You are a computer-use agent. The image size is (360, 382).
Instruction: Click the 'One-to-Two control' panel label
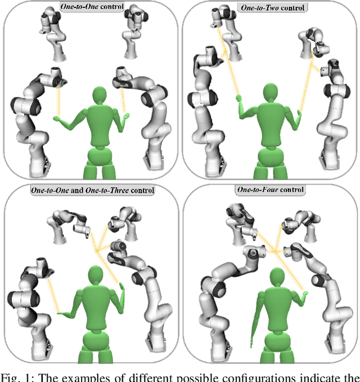coord(272,8)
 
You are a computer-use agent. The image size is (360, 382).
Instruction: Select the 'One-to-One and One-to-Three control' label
coord(92,190)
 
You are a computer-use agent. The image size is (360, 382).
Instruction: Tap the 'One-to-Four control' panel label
coord(272,190)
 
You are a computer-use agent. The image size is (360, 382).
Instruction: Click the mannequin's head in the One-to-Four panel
coord(276,280)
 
